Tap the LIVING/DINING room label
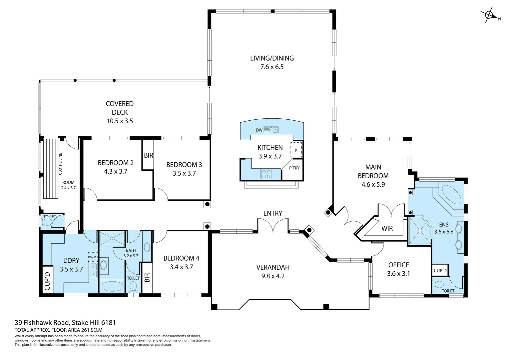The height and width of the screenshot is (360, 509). [272, 58]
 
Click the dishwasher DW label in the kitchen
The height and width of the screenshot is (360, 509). [259, 130]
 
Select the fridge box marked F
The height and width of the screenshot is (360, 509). [296, 150]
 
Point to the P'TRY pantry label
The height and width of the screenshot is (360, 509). [294, 168]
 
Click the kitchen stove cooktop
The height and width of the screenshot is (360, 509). [266, 174]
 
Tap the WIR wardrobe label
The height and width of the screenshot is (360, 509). [387, 228]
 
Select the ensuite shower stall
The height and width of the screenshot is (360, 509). [420, 230]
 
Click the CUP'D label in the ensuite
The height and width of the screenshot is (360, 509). [440, 271]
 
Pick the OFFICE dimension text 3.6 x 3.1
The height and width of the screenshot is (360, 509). [398, 274]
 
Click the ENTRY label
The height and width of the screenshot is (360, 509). [273, 213]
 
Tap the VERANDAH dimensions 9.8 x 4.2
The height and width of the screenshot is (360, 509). [273, 276]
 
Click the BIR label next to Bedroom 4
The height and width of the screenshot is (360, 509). [147, 278]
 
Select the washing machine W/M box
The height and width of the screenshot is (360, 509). [93, 257]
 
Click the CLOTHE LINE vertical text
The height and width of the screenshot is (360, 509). [60, 164]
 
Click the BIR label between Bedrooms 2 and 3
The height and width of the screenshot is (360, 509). [148, 156]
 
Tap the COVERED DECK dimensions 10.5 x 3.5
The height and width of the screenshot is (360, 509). [120, 121]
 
